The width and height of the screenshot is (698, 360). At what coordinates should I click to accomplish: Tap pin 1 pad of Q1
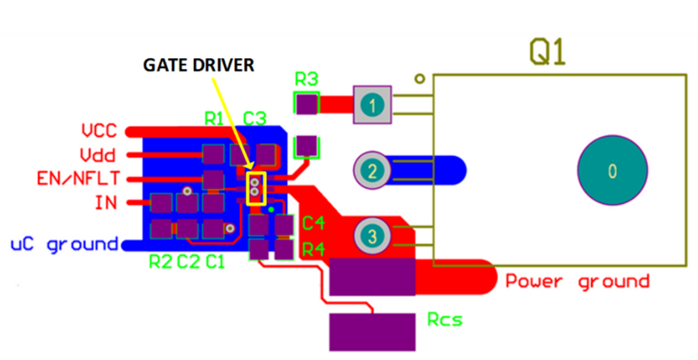[373, 105]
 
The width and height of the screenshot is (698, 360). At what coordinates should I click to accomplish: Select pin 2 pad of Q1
[372, 172]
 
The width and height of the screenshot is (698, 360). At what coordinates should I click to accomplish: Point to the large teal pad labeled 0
[612, 171]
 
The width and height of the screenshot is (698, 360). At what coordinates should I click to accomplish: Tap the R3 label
[307, 80]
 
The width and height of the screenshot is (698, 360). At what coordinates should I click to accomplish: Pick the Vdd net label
[98, 155]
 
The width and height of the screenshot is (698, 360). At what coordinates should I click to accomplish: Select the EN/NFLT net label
[79, 178]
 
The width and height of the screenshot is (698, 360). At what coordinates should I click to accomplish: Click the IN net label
[105, 202]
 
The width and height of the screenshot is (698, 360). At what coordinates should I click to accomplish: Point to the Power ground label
[578, 281]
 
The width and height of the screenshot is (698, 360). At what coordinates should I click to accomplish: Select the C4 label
[313, 222]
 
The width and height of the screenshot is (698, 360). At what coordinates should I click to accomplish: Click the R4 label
[313, 248]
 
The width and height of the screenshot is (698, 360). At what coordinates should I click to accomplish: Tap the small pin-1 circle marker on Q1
[420, 80]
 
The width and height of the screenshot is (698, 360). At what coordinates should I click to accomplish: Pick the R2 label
[160, 263]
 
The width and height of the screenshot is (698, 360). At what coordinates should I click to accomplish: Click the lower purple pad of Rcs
[371, 332]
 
